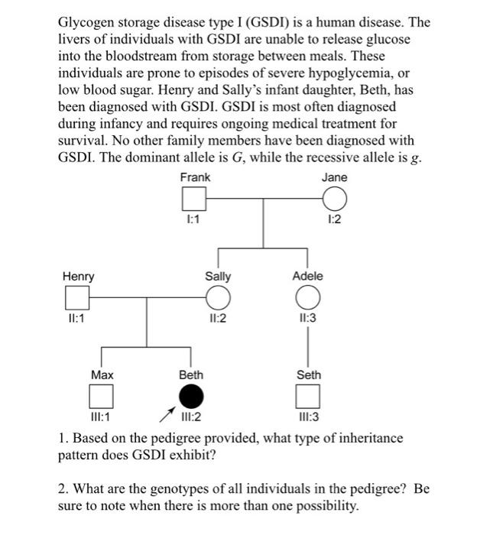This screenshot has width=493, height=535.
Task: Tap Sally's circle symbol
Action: tap(218, 297)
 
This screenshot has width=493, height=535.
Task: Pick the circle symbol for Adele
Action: tap(307, 297)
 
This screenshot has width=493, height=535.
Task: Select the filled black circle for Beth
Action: tap(191, 396)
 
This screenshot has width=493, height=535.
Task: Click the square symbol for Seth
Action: tap(307, 396)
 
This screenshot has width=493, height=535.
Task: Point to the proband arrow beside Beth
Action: tap(164, 416)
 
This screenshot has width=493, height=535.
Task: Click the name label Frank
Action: tap(195, 177)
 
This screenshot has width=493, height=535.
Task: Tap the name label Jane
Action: tap(334, 177)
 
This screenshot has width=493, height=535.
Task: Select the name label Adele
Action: tap(307, 276)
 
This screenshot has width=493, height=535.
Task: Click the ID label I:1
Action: tap(194, 220)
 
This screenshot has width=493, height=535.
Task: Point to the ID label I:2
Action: tap(334, 220)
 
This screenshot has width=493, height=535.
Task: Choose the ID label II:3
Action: tap(307, 317)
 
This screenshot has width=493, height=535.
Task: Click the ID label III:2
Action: tap(191, 417)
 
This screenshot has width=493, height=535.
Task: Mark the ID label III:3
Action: tap(307, 417)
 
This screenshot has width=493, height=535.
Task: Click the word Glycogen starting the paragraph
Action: tap(86, 22)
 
